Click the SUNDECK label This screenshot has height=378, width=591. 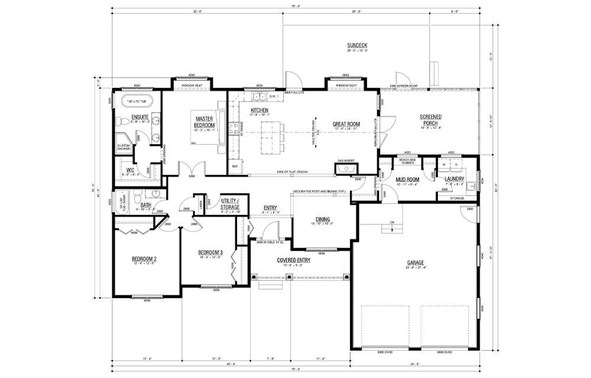pyautogui.click(x=358, y=45)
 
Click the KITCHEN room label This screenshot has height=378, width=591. pyautogui.click(x=259, y=110)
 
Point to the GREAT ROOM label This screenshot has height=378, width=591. pyautogui.click(x=346, y=124)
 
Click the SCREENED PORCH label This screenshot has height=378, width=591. pyautogui.click(x=430, y=119)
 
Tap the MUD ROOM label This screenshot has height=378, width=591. pyautogui.click(x=407, y=179)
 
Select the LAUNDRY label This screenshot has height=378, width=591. pyautogui.click(x=454, y=179)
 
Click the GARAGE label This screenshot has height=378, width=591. pyautogui.click(x=415, y=263)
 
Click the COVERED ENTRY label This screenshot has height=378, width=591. pyautogui.click(x=294, y=260)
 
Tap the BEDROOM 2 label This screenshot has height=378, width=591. pyautogui.click(x=144, y=259)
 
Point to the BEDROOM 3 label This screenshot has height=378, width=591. pyautogui.click(x=210, y=253)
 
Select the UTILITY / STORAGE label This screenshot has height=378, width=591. pyautogui.click(x=230, y=204)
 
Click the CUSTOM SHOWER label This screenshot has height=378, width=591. pyautogui.click(x=124, y=147)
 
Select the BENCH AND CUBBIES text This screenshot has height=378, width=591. pyautogui.click(x=407, y=160)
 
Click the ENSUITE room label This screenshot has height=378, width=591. pyautogui.click(x=139, y=117)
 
